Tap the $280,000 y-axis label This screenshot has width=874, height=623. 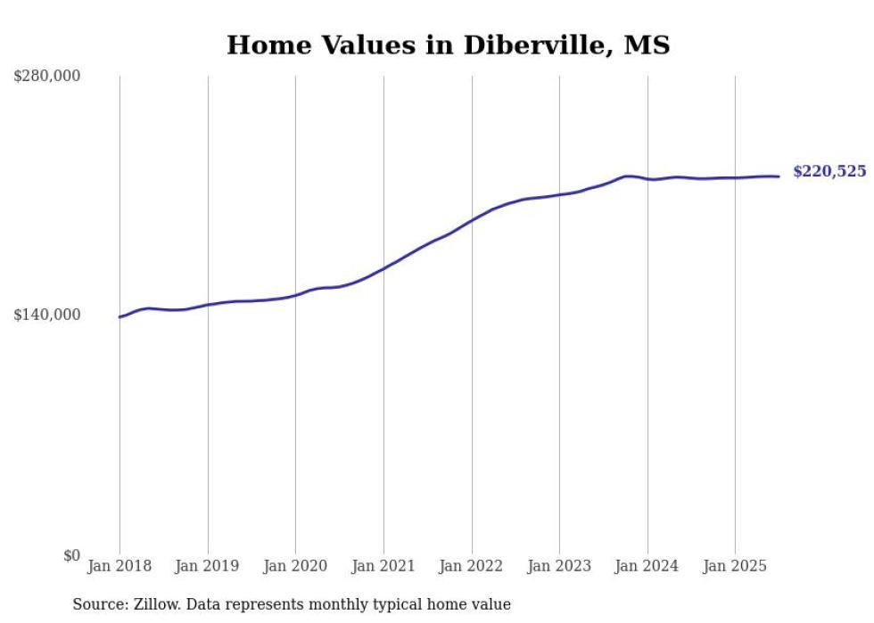(x=47, y=77)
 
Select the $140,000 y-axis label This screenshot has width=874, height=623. (x=47, y=315)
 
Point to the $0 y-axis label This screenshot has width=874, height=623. (x=71, y=555)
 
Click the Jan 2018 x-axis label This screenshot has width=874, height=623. (x=120, y=566)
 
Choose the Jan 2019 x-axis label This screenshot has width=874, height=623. (x=208, y=566)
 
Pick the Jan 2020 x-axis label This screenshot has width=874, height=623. (x=296, y=566)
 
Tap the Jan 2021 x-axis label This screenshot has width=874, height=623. (x=383, y=566)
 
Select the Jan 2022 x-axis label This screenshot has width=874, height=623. (x=472, y=566)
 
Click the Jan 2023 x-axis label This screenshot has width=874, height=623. (x=559, y=566)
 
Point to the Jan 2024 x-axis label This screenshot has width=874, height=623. (x=647, y=566)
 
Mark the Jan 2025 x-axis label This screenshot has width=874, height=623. (x=735, y=566)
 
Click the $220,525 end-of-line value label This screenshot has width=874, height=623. (x=829, y=172)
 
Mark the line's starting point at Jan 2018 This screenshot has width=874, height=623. (x=120, y=317)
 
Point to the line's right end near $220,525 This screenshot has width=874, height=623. (x=779, y=176)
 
